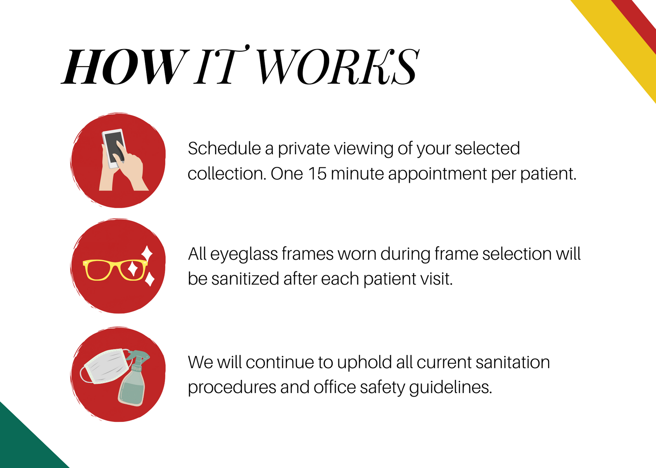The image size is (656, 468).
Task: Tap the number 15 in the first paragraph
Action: coord(318,174)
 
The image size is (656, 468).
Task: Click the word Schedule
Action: coord(224,148)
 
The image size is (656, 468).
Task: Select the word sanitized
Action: coord(245,279)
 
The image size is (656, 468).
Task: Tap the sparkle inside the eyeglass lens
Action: coord(133,269)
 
